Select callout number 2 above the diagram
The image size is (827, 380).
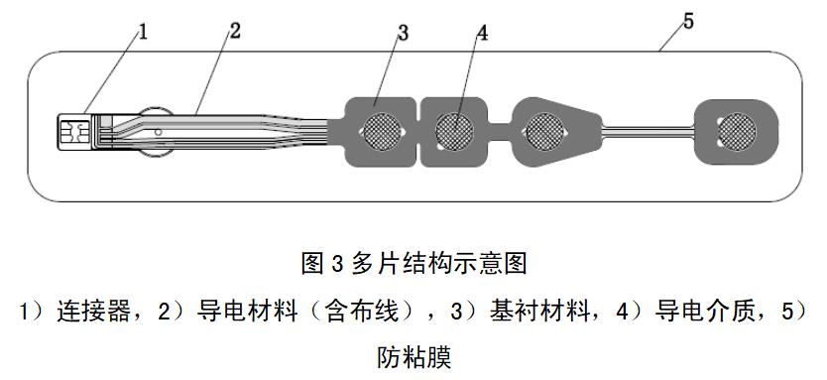(x=234, y=29)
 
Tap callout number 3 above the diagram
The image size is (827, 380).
(x=403, y=32)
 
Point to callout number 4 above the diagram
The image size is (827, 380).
(x=482, y=33)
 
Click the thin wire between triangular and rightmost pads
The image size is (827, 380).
(x=650, y=128)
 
